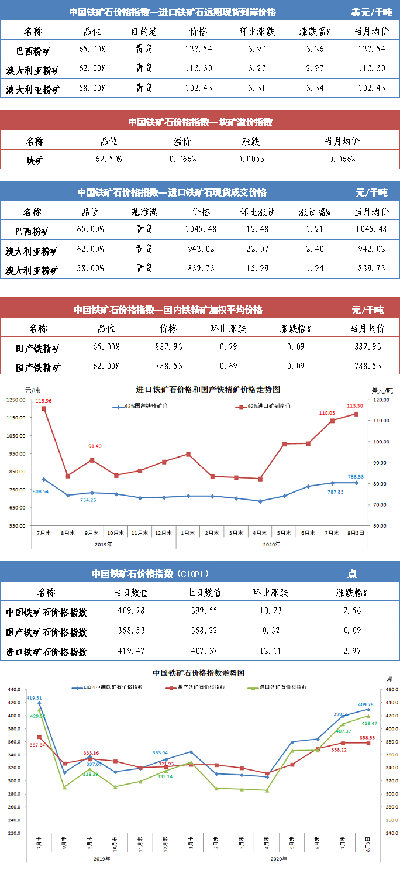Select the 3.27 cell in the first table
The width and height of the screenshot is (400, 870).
click(x=257, y=68)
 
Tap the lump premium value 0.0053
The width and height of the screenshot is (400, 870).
click(x=251, y=159)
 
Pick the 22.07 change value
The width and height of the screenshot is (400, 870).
click(x=257, y=249)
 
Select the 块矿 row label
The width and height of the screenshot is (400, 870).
click(x=35, y=160)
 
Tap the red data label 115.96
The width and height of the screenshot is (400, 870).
click(x=43, y=401)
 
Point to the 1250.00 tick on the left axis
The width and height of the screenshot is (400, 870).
click(x=16, y=400)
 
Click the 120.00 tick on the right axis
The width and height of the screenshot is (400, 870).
click(x=381, y=400)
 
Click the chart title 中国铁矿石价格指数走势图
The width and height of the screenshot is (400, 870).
click(x=198, y=673)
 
